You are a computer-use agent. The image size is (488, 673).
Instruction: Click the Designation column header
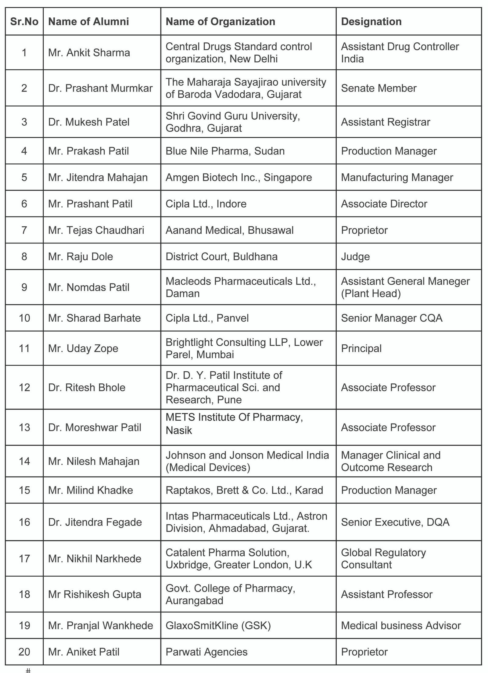371,22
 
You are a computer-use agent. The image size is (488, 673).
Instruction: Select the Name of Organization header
220,22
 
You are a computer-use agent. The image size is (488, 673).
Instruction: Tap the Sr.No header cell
24,22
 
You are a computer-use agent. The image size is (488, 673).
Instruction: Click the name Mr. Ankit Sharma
89,53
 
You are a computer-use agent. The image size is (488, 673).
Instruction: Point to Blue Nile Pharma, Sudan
225,151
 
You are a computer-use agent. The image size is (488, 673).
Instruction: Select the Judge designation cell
355,257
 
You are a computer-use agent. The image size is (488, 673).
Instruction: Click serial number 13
24,427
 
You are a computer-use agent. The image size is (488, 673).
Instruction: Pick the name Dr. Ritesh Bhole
87,387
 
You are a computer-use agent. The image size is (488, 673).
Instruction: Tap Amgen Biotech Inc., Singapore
239,178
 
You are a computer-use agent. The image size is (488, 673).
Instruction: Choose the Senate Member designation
379,88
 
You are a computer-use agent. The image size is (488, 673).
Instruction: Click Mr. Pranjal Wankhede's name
100,625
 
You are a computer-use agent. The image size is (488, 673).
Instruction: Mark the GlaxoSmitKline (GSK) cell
218,625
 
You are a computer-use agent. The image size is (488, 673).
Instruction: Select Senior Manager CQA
392,318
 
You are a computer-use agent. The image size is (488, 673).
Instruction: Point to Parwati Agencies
206,652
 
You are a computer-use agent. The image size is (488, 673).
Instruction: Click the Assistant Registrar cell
386,122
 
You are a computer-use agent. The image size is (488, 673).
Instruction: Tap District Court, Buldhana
221,257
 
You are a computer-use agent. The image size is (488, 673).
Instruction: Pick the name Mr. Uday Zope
83,348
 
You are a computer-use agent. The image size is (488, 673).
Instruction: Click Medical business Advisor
401,625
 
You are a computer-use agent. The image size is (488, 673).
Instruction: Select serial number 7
24,230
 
